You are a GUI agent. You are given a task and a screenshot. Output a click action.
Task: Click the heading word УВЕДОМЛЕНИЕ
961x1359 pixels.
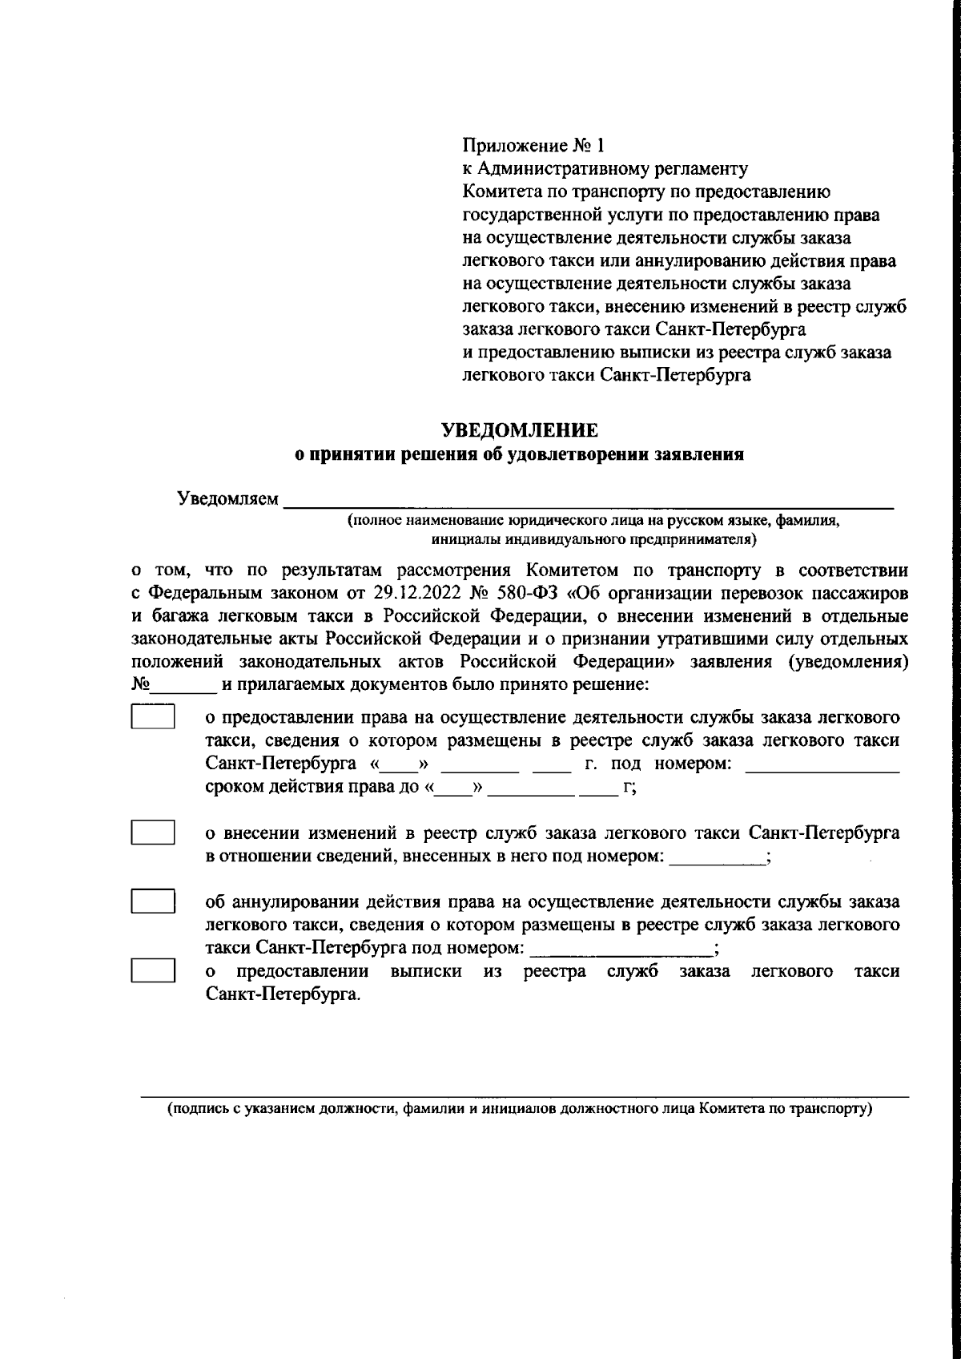pos(521,430)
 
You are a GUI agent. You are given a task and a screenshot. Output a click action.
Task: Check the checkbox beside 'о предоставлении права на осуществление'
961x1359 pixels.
pos(153,716)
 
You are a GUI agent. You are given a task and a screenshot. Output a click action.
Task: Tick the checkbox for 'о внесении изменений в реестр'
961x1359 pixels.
pos(153,832)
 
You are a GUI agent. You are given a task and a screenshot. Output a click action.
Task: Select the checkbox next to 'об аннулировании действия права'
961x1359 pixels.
pos(153,901)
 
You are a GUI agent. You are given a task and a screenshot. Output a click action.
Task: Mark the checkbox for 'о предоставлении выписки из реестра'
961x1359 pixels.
pos(153,970)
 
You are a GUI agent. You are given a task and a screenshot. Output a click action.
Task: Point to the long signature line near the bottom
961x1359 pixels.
pos(525,1095)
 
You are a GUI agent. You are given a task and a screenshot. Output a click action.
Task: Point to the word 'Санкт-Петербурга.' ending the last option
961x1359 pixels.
pos(282,996)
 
